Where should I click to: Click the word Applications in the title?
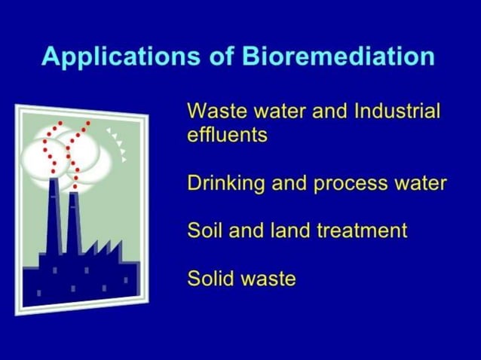click(111, 58)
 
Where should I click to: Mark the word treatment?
click(357, 230)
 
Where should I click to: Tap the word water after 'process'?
click(421, 184)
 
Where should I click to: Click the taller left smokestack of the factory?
click(53, 218)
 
